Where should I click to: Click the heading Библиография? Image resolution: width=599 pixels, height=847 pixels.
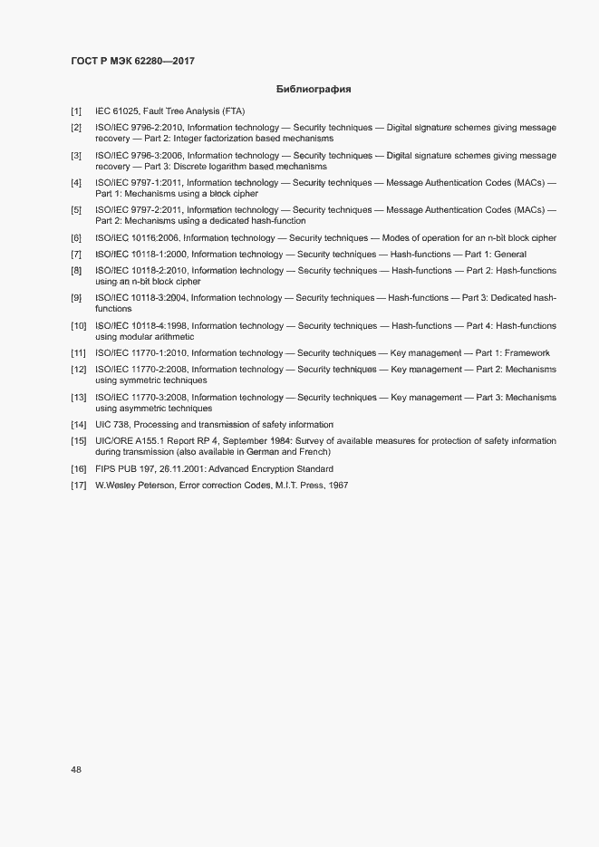click(313, 89)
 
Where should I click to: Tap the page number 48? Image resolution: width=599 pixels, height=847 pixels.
click(76, 770)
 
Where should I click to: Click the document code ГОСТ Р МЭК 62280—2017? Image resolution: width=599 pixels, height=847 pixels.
click(132, 61)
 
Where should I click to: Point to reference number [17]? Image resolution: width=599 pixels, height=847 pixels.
click(78, 486)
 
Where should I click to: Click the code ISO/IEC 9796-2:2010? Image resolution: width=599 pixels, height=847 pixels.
click(139, 128)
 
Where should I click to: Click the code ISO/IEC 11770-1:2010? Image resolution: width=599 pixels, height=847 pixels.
click(141, 353)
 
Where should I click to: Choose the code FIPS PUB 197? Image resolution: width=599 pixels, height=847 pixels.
click(127, 469)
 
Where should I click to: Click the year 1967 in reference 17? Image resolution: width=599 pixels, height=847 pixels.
click(336, 486)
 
